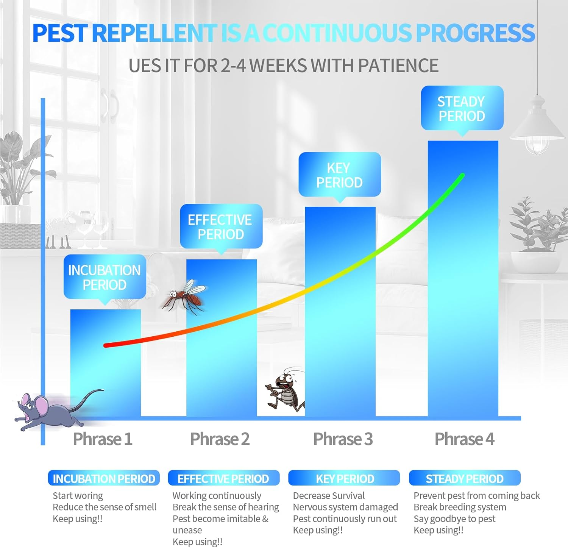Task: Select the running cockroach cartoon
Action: click(285, 392)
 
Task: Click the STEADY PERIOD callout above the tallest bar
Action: click(462, 108)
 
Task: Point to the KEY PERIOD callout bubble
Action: click(340, 175)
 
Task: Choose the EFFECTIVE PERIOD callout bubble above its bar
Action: click(221, 226)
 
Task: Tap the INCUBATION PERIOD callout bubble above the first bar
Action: click(105, 277)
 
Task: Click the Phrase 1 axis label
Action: click(102, 439)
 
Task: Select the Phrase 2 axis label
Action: click(220, 439)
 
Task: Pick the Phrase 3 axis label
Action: click(343, 439)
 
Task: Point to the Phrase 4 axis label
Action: click(464, 439)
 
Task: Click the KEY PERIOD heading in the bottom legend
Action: click(345, 479)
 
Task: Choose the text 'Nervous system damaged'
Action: click(345, 507)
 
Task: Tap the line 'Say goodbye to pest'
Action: click(454, 519)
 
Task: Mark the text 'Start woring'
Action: click(78, 496)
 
